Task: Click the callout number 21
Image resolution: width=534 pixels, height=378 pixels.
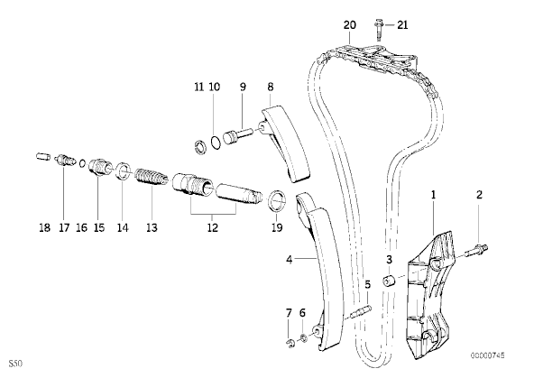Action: click(x=402, y=25)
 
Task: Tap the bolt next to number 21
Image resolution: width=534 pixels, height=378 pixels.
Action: click(x=379, y=30)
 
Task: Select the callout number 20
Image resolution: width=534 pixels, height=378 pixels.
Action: click(x=350, y=25)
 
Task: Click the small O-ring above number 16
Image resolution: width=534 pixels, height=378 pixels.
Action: click(x=82, y=163)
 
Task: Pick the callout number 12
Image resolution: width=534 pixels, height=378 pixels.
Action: click(x=213, y=227)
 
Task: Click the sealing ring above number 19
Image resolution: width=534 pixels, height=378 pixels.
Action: click(x=277, y=201)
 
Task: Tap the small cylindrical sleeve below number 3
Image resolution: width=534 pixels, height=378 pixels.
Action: click(x=389, y=281)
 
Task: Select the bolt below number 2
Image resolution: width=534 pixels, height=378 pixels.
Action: click(x=476, y=251)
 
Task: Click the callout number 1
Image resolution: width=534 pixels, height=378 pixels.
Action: click(x=433, y=195)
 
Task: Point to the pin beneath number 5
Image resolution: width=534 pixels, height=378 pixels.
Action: click(x=361, y=312)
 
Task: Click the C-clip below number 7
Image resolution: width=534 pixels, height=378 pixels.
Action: click(x=290, y=344)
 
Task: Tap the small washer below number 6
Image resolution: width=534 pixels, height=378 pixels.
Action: click(x=303, y=337)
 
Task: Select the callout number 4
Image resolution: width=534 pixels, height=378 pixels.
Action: click(x=290, y=260)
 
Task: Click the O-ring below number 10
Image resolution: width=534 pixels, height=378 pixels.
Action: click(x=216, y=142)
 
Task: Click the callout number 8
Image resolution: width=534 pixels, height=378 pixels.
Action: click(x=271, y=87)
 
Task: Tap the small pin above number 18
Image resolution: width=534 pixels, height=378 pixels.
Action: click(x=43, y=157)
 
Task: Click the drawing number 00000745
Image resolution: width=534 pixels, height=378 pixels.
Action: click(x=488, y=355)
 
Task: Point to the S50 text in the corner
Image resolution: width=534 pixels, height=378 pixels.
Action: click(x=15, y=364)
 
